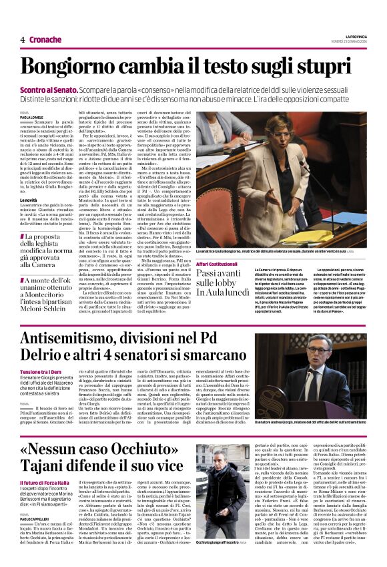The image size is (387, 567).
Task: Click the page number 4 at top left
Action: [x=22, y=39]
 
